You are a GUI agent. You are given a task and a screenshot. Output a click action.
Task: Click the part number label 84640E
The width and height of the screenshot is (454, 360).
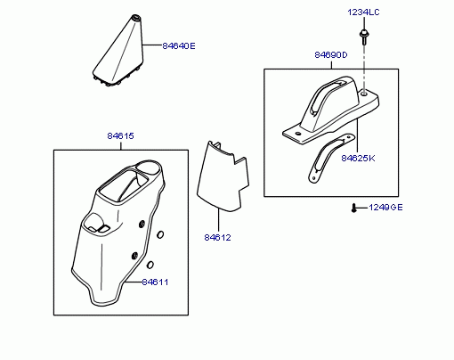tap(179, 46)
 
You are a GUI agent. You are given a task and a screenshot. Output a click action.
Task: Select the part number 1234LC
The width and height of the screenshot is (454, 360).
tap(363, 12)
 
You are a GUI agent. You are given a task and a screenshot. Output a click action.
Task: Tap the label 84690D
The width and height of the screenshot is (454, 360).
tap(331, 55)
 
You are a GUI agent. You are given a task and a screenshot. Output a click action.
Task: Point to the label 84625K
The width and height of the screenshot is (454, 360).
tap(358, 158)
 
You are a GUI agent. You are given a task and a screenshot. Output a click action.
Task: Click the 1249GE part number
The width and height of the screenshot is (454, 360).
tap(385, 207)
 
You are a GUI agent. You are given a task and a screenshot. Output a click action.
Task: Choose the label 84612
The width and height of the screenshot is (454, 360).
tap(217, 237)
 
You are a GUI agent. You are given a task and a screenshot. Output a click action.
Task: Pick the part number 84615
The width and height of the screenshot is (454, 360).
tap(120, 135)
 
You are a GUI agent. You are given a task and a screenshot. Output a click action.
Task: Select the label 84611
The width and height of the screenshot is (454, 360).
tap(155, 282)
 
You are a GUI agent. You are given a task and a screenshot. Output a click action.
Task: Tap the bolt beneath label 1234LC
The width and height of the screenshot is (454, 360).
tap(363, 37)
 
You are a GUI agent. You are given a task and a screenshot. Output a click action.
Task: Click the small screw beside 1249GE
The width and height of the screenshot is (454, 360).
tap(353, 208)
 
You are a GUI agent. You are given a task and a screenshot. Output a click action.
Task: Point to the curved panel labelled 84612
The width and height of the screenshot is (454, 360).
tap(223, 176)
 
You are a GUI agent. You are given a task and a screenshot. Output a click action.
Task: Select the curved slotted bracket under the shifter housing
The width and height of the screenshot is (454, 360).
tap(329, 158)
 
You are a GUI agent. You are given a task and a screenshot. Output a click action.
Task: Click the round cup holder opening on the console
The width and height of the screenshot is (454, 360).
tap(150, 168)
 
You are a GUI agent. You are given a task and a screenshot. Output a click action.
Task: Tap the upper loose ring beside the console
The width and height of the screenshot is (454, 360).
tap(160, 234)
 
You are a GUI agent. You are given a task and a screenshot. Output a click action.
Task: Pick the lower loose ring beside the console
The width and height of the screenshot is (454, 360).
tap(150, 265)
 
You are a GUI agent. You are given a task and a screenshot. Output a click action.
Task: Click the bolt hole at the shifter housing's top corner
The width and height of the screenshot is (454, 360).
tap(364, 94)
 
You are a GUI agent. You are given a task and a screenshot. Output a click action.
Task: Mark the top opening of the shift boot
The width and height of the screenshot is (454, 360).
tap(136, 17)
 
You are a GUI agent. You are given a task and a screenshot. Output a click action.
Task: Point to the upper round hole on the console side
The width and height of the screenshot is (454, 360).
tap(142, 224)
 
